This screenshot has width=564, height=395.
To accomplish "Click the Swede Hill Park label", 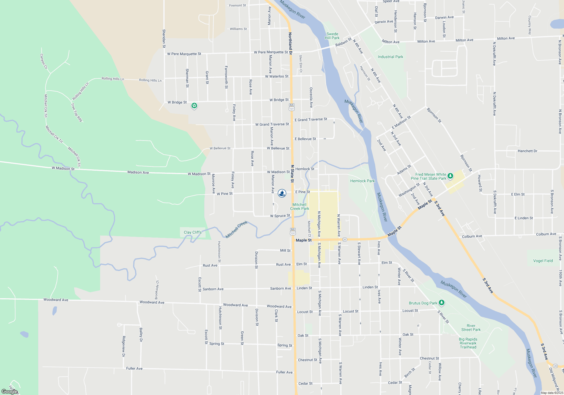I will point(332,36).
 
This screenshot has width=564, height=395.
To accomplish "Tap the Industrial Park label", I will point(390,57).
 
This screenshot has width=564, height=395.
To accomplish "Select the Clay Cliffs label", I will point(193,232).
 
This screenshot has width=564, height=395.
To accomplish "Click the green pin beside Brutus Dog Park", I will point(442,303).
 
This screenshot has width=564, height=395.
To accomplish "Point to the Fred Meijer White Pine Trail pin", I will point(450,176).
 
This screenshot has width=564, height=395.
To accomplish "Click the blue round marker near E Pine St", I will point(282,193).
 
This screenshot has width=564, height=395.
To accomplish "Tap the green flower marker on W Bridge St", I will point(194,106).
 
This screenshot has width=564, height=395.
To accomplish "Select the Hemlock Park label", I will point(362,181).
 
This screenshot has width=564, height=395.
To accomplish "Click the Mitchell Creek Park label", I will point(299,207).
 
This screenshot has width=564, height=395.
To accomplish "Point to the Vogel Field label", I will point(543,261).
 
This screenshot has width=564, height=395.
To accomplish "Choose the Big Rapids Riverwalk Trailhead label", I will point(468,343).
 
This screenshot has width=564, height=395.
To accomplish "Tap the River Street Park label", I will point(471,328).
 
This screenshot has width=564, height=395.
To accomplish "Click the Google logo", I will point(10,392).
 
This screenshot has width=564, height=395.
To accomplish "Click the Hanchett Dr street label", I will point(527,151).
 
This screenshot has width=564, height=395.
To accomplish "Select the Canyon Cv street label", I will point(44,61).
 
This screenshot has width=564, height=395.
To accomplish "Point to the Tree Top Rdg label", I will point(76,112).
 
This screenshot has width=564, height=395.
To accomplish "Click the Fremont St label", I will point(237,5).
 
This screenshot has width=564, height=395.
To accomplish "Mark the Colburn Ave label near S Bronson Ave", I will point(546,234).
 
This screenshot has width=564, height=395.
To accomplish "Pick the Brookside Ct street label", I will point(157,290).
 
